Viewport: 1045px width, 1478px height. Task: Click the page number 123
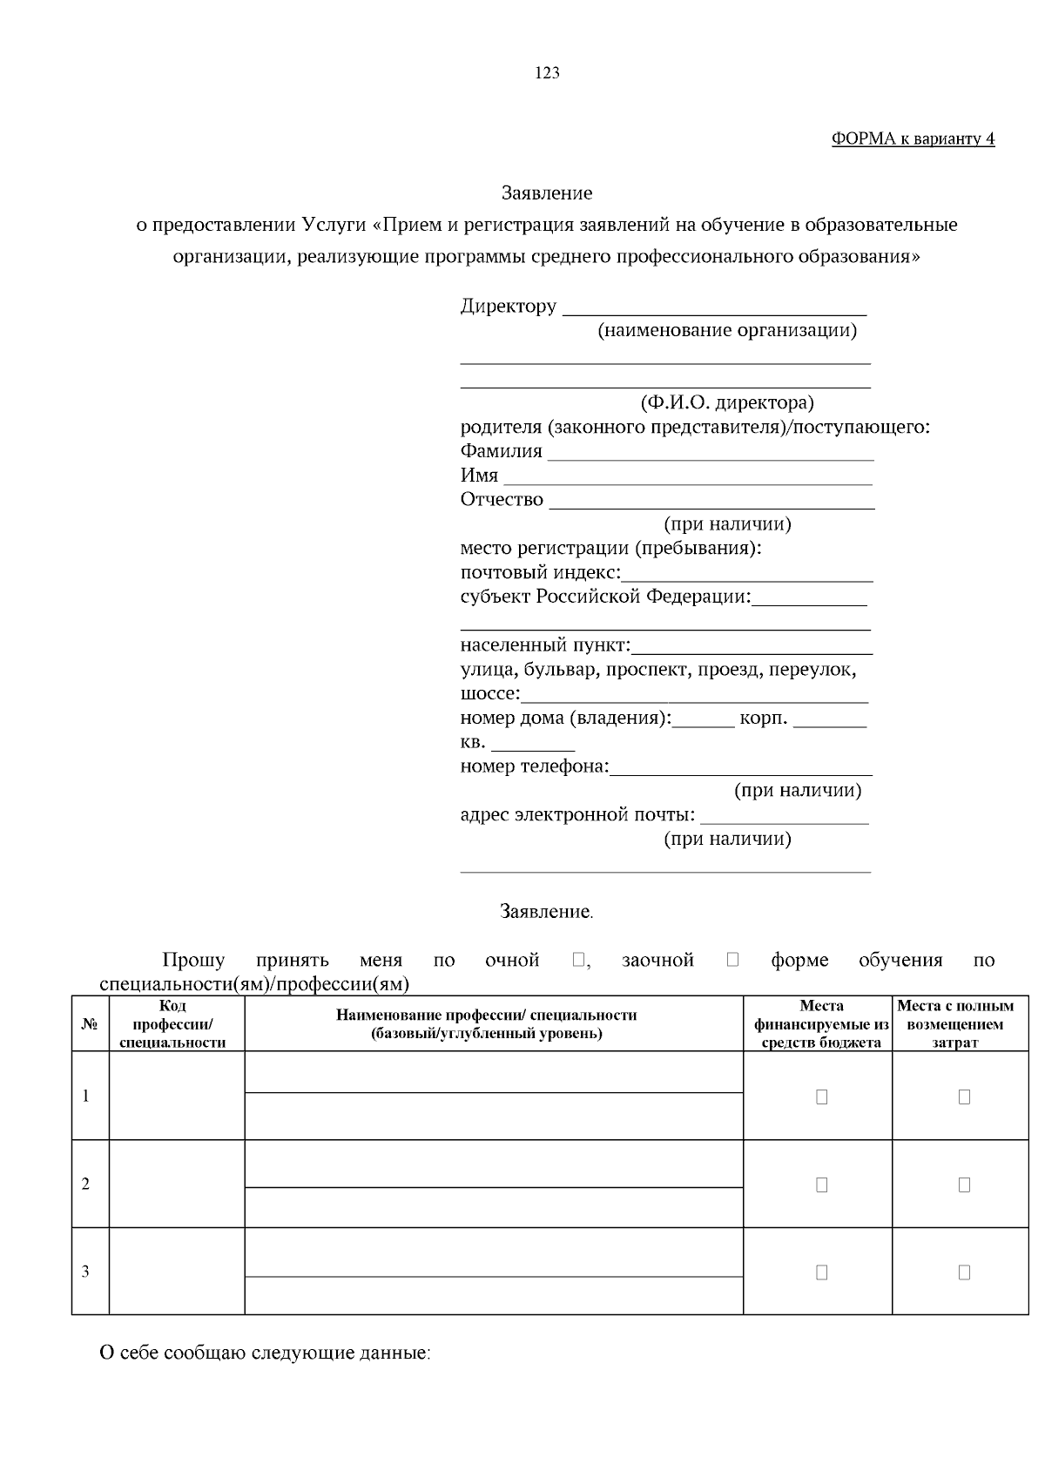click(547, 73)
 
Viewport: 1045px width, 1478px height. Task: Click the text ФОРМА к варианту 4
click(913, 139)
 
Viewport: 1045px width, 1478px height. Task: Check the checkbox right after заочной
click(732, 960)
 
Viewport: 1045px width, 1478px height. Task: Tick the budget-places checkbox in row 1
click(821, 1097)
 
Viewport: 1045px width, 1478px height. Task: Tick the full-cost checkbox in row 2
click(964, 1184)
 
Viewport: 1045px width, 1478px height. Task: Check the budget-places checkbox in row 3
click(821, 1272)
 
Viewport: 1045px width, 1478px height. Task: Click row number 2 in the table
click(85, 1184)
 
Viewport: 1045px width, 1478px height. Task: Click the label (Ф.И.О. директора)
click(727, 403)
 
